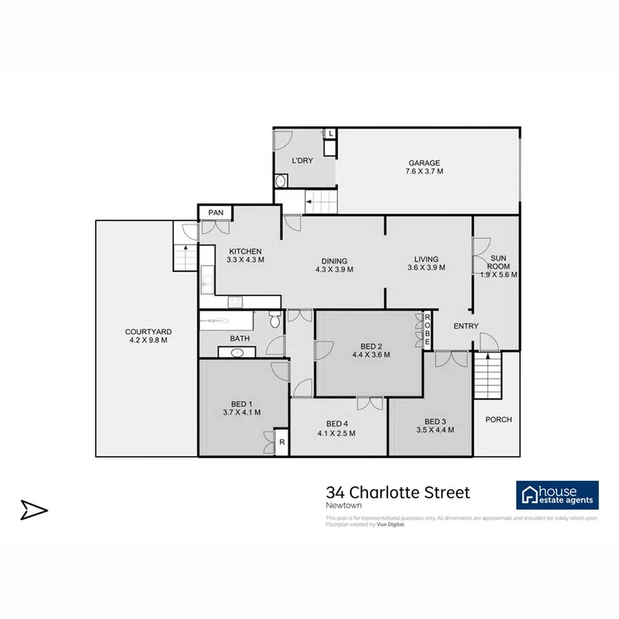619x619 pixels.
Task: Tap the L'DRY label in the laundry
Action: tap(302, 160)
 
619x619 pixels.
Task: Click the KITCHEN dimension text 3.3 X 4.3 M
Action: tap(246, 260)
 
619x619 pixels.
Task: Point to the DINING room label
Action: tap(334, 261)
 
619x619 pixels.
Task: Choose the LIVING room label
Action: tap(422, 259)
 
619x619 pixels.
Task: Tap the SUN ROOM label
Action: tap(497, 261)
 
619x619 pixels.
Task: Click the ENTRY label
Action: tap(466, 326)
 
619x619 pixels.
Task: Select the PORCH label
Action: tap(498, 420)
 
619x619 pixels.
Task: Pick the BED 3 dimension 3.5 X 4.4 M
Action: tap(434, 431)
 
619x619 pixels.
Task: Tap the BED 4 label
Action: tap(336, 424)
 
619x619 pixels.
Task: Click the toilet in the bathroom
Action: tap(274, 320)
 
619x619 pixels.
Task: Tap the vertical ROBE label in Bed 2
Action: tap(426, 330)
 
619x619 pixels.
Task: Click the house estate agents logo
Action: tap(557, 495)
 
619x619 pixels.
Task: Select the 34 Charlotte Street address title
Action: tap(398, 492)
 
